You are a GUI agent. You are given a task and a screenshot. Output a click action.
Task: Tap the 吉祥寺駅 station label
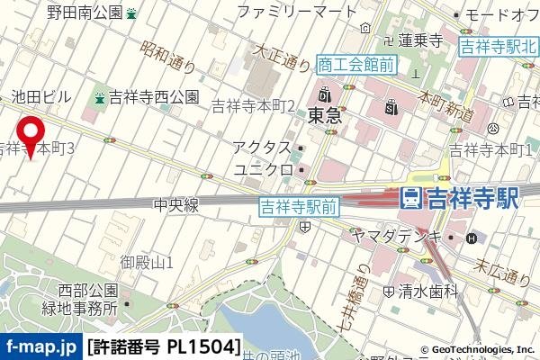click(x=460, y=198)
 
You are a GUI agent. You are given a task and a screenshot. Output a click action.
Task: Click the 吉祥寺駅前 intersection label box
click(x=298, y=207)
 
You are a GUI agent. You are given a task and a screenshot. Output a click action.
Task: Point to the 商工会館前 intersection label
click(x=356, y=63)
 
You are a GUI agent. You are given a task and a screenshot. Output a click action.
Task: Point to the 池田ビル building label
click(x=40, y=95)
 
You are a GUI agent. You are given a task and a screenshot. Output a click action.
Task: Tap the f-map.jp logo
click(x=40, y=346)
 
